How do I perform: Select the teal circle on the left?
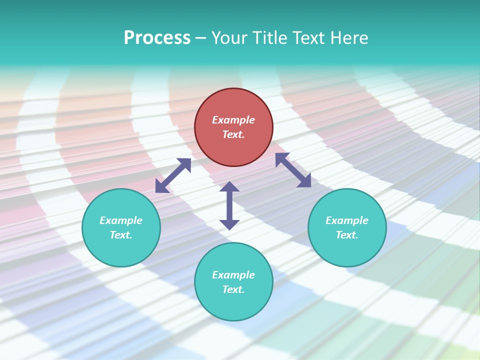(x=121, y=250)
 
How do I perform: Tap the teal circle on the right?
(x=347, y=250)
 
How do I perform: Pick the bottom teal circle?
(x=233, y=305)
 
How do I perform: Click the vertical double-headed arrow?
(x=229, y=205)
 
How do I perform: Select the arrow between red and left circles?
(x=173, y=175)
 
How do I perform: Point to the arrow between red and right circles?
(x=293, y=170)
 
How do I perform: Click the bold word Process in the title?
(x=157, y=38)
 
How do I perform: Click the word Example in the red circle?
(x=233, y=120)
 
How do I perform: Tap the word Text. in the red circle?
(x=233, y=134)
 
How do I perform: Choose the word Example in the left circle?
(x=121, y=220)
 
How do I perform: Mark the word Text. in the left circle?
(x=121, y=235)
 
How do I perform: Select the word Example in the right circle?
(x=347, y=220)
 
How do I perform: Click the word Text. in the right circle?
(x=347, y=235)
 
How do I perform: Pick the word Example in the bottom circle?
(x=233, y=275)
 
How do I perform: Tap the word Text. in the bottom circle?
(x=233, y=289)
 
